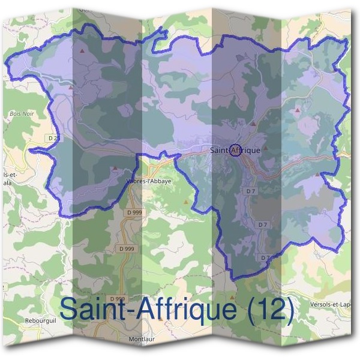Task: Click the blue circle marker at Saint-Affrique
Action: (x=235, y=150)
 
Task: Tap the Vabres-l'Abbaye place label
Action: (x=149, y=180)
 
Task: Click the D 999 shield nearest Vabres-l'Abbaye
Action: (x=135, y=212)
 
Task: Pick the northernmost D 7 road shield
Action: (x=250, y=190)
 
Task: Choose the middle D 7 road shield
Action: (x=262, y=224)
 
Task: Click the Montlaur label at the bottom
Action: (x=143, y=340)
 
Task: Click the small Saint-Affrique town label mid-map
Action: (x=236, y=150)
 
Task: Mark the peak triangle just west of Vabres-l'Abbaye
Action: (x=115, y=168)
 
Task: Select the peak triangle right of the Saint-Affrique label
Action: (x=265, y=146)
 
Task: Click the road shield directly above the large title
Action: (x=118, y=298)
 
